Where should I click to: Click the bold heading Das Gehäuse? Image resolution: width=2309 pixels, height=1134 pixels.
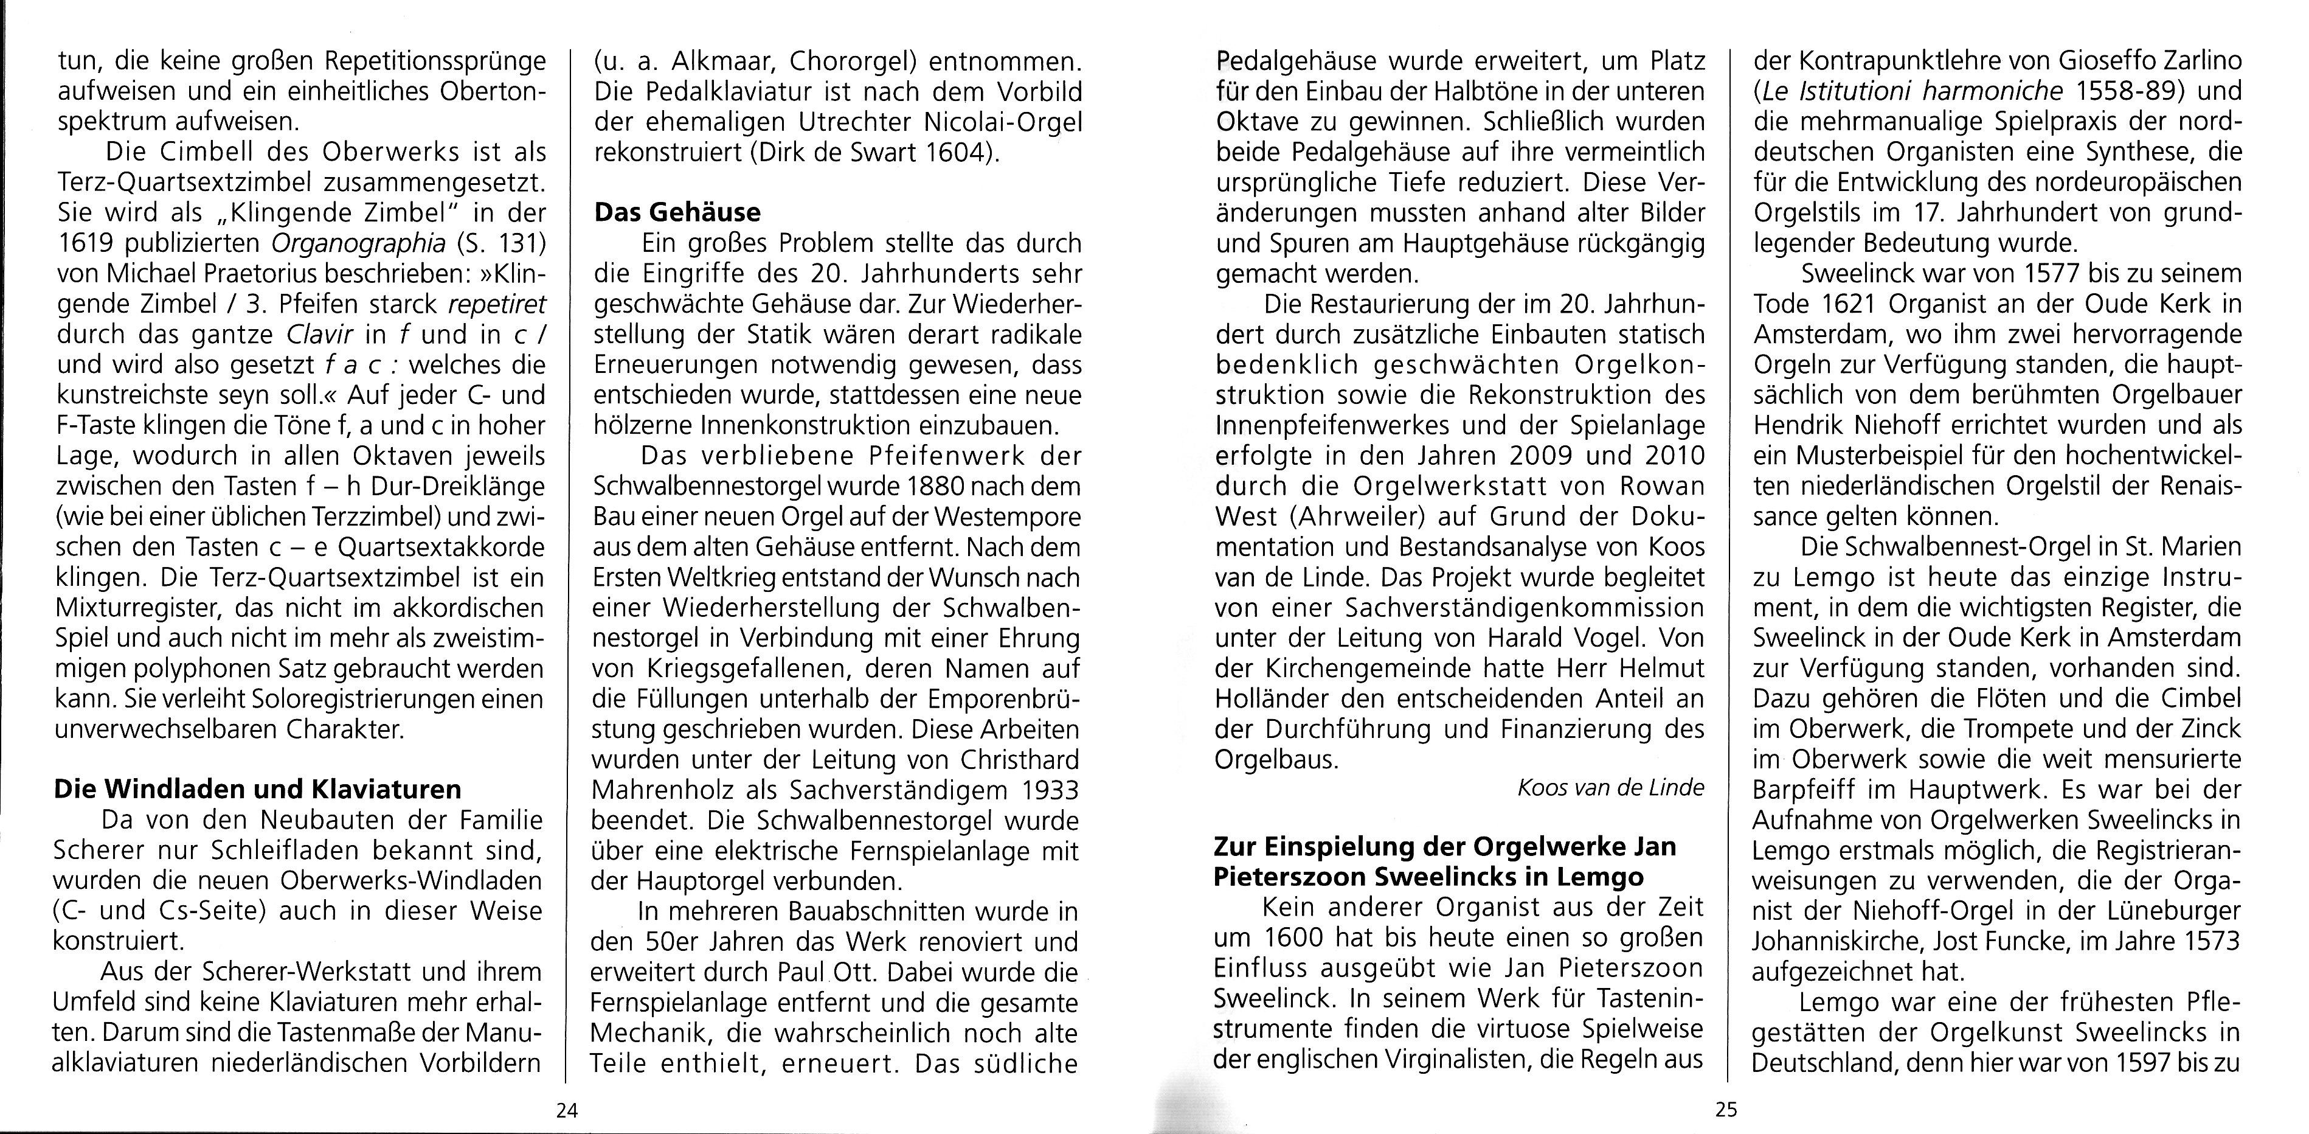coord(677,212)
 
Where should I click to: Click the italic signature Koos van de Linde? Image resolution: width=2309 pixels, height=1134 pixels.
coord(1610,788)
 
